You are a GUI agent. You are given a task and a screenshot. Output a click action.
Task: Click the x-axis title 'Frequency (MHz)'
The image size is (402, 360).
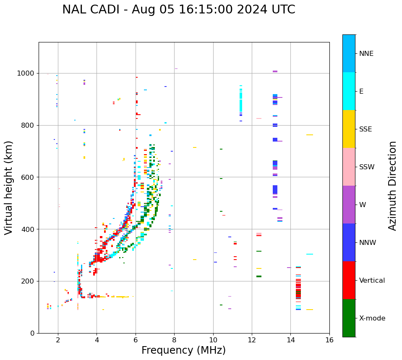tap(183, 350)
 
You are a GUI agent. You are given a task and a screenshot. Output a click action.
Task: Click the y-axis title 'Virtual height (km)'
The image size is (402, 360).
tap(9, 187)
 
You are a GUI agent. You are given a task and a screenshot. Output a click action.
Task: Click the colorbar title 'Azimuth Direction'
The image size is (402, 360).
tap(392, 185)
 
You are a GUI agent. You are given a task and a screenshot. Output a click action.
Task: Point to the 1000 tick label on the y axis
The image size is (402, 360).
tap(26, 74)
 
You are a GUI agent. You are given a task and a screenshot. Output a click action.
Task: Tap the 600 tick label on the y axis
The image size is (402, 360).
tap(28, 177)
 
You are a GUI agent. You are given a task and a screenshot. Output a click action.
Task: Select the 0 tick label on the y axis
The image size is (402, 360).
tap(32, 333)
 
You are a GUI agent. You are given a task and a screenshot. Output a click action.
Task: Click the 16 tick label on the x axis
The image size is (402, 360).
tap(329, 340)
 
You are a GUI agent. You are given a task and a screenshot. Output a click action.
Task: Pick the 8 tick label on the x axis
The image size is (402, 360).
tap(174, 340)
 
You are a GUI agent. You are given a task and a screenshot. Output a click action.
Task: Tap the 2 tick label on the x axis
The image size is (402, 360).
tap(58, 340)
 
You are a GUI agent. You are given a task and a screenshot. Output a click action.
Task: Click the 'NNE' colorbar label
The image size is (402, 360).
tap(366, 54)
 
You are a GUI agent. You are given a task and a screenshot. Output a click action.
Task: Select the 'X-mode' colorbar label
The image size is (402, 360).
tap(372, 318)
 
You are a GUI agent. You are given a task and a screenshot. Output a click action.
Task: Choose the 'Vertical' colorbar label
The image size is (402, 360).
tap(372, 281)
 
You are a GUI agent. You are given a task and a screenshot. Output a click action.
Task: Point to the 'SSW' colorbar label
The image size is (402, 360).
tap(367, 167)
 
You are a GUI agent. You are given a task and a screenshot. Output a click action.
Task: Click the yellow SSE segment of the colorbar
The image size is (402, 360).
tap(349, 129)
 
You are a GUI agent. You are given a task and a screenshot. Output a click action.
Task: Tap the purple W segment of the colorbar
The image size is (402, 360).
tap(349, 205)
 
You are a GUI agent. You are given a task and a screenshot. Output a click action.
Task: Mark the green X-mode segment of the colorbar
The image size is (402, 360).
tap(349, 318)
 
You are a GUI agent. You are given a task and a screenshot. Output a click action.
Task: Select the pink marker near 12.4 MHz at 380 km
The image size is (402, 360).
tap(259, 234)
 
